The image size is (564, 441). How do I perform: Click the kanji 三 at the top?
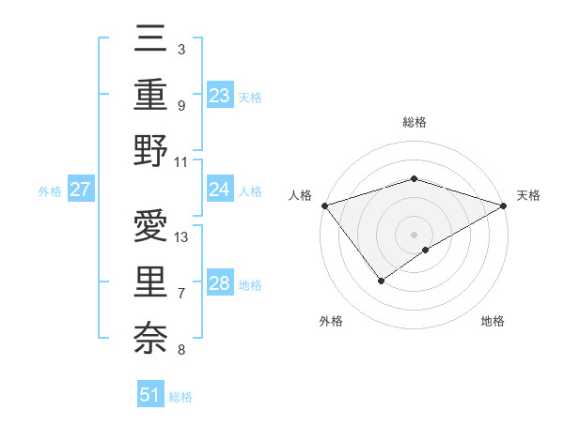(x=150, y=41)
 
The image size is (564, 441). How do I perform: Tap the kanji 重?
(x=150, y=95)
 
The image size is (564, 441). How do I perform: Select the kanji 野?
(x=150, y=150)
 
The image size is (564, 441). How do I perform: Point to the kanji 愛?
(x=150, y=227)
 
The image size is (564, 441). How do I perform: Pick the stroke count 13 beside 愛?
(x=182, y=236)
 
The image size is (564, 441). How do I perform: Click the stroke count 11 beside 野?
(x=182, y=160)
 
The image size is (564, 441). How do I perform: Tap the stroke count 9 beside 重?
(x=180, y=105)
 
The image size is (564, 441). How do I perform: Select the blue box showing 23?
(x=219, y=96)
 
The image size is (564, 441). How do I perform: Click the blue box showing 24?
(x=219, y=190)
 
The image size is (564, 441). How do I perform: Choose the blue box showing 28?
(x=219, y=284)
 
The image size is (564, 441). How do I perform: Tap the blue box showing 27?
(x=80, y=190)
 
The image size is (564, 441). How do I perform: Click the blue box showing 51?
(x=149, y=395)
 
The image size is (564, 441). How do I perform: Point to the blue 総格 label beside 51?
(x=180, y=397)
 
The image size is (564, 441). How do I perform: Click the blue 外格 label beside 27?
(x=50, y=191)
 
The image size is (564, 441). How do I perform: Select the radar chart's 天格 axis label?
(x=528, y=195)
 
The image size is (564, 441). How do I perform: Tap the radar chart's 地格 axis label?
(x=493, y=321)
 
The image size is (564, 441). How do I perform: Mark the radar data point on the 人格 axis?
(x=324, y=205)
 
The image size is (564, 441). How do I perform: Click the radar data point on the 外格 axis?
(x=382, y=280)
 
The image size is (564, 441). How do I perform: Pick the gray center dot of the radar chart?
(x=414, y=234)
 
